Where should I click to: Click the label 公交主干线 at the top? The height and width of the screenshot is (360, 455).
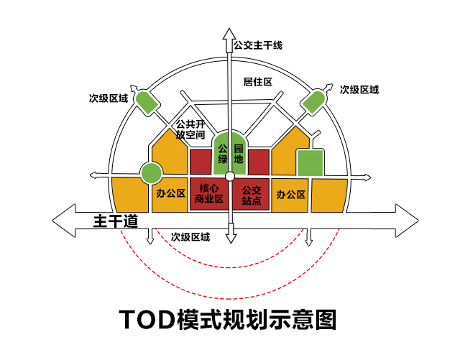click(x=258, y=45)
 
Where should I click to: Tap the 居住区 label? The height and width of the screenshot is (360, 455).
click(x=257, y=82)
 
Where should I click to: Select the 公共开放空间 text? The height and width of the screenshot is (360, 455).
click(x=190, y=129)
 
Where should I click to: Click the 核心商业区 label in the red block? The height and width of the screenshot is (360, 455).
click(x=209, y=193)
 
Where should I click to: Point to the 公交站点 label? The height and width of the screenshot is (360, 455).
click(x=252, y=195)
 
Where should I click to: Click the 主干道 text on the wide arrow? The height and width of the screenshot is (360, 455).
click(x=116, y=221)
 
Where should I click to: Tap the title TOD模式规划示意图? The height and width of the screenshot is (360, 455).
click(x=228, y=319)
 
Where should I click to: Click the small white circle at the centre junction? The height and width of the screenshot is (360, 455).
click(x=230, y=176)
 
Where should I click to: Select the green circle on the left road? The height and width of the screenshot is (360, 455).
click(x=151, y=173)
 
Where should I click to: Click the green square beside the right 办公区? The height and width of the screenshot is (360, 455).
click(x=311, y=162)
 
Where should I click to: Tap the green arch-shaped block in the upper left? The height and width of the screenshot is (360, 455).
click(x=147, y=103)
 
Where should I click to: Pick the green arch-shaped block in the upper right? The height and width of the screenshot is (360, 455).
click(x=313, y=102)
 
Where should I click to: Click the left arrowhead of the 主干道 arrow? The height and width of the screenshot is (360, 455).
click(x=64, y=221)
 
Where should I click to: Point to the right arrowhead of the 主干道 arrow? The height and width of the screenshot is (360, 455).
click(x=407, y=221)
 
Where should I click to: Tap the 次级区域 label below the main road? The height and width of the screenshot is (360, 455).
click(x=190, y=237)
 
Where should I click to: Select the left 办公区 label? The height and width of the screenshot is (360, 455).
click(x=170, y=193)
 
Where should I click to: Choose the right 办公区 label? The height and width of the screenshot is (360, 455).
click(x=291, y=194)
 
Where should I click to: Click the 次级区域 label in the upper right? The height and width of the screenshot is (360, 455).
click(x=359, y=90)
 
